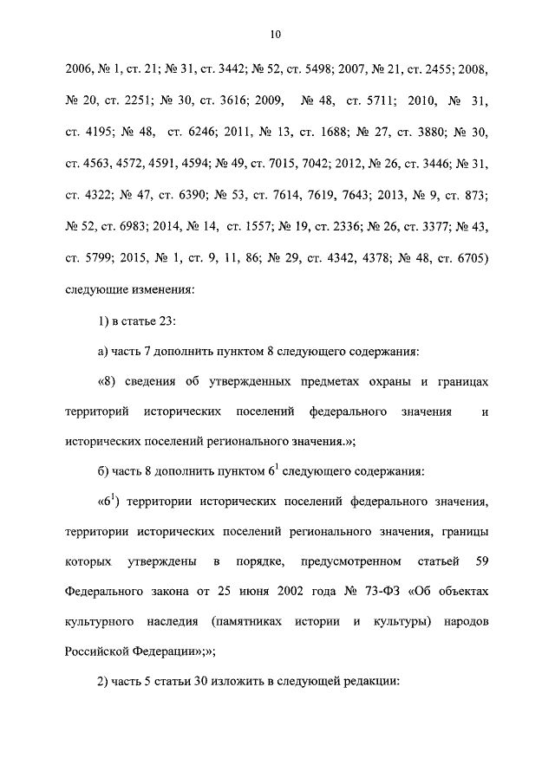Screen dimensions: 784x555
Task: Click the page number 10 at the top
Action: [x=276, y=34]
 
